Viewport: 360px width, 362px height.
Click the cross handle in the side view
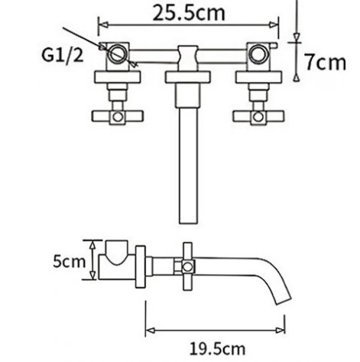click(x=186, y=266)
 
